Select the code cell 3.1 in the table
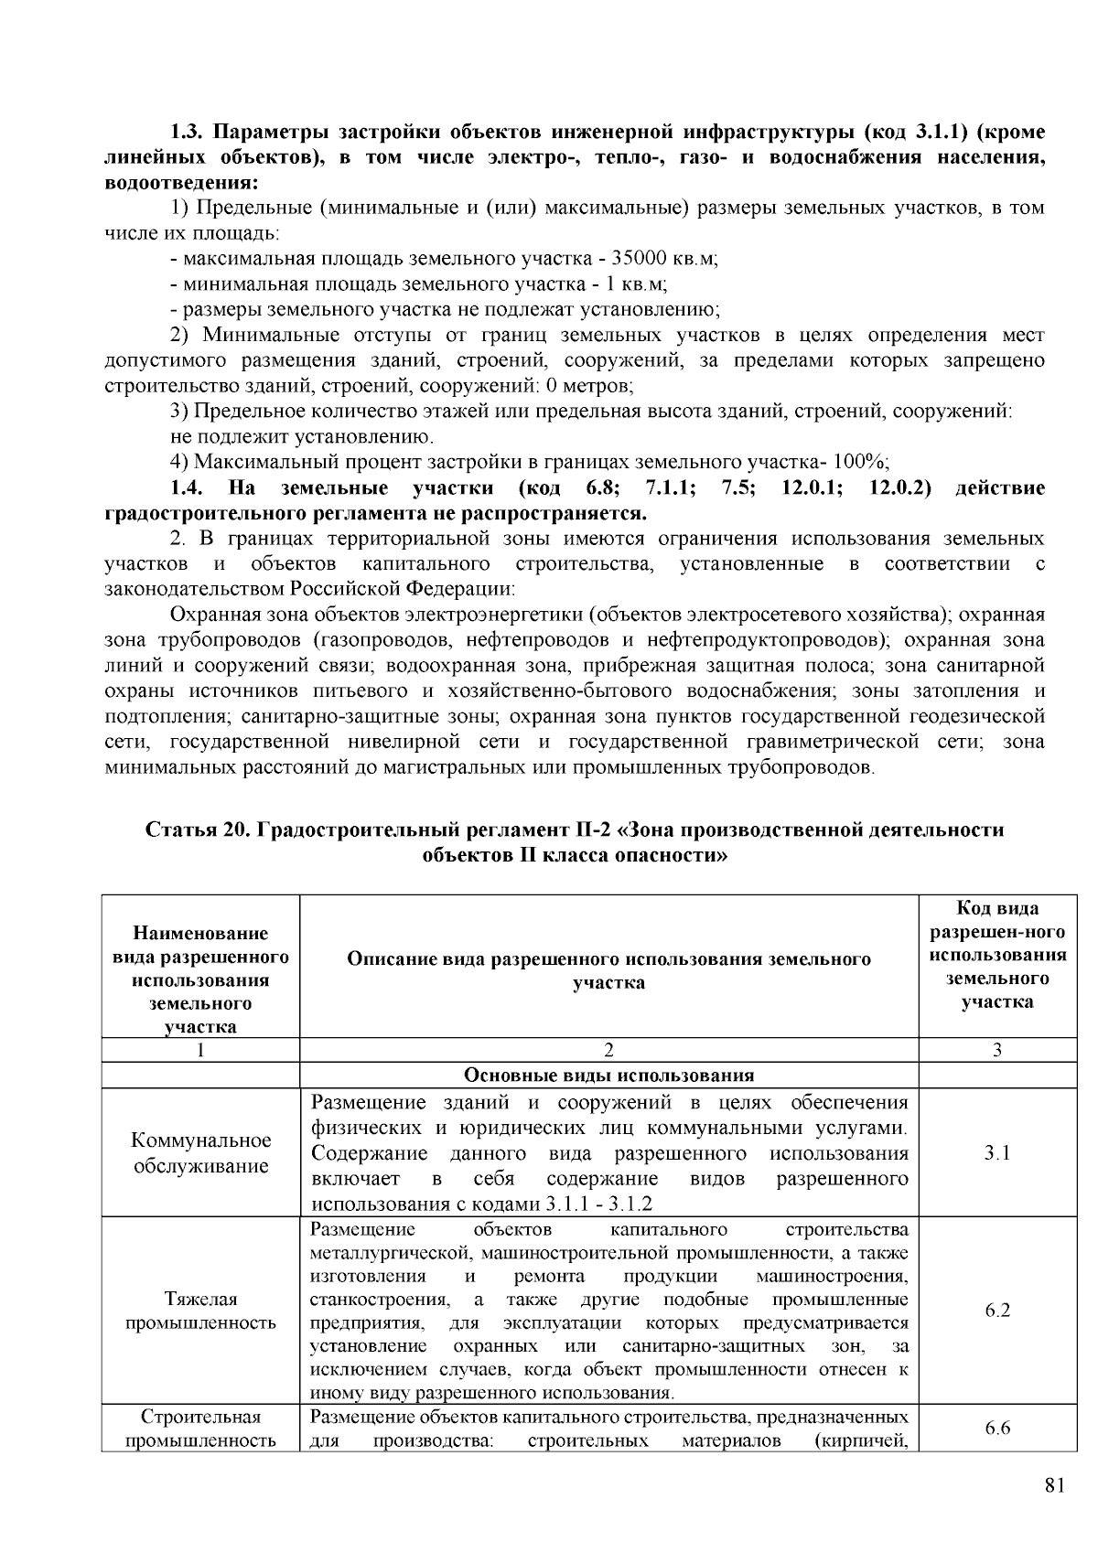click(997, 1152)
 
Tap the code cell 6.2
click(997, 1311)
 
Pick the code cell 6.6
click(997, 1429)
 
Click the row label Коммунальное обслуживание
click(200, 1152)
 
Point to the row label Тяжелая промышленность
click(200, 1311)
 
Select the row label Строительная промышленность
click(200, 1429)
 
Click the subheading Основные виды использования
click(608, 1075)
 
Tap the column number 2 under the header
click(608, 1050)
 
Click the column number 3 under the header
click(997, 1050)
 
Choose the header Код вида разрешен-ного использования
click(997, 955)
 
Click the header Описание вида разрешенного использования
click(608, 970)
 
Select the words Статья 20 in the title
click(199, 830)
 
